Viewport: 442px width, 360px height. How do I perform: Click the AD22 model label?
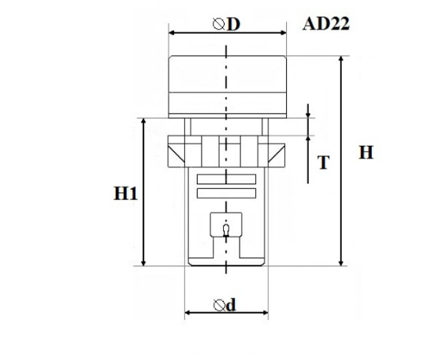(x=326, y=24)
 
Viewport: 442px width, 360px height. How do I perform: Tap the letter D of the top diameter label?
(x=233, y=24)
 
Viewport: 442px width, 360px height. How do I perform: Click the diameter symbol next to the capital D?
(x=219, y=24)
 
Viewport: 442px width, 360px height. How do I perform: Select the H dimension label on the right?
(x=366, y=153)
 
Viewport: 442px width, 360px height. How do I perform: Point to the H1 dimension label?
(x=125, y=194)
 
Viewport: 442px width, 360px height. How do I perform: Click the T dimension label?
(x=323, y=162)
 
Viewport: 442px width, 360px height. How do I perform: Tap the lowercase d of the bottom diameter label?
(x=231, y=305)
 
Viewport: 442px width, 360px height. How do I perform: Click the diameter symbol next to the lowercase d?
(x=220, y=306)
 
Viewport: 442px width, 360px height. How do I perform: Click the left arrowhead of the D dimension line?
(x=172, y=33)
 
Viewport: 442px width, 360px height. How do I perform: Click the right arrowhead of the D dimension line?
(x=284, y=33)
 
